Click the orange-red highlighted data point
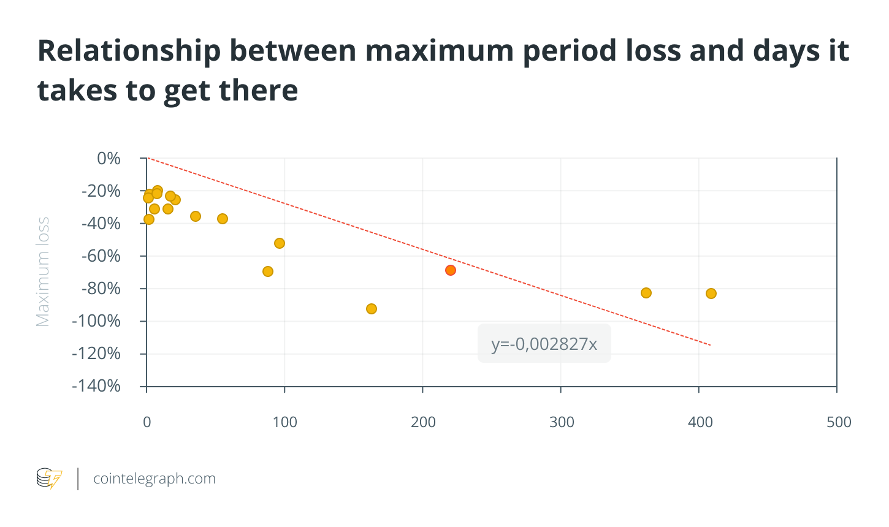(x=451, y=270)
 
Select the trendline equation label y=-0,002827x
(x=544, y=344)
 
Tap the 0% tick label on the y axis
(x=109, y=159)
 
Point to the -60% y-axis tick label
(x=101, y=256)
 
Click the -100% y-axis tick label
(x=97, y=321)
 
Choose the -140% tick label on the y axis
(x=97, y=386)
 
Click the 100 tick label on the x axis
(x=284, y=422)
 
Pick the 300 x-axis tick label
(x=561, y=422)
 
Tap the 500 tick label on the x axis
(x=838, y=422)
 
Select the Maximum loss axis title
(x=42, y=272)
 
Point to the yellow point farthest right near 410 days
(x=711, y=294)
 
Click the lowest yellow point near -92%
(x=372, y=309)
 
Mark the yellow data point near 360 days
(x=646, y=293)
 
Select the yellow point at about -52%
(x=280, y=243)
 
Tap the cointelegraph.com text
(x=155, y=479)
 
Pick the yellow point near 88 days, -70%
(x=268, y=271)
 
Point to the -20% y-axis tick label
(x=101, y=191)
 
